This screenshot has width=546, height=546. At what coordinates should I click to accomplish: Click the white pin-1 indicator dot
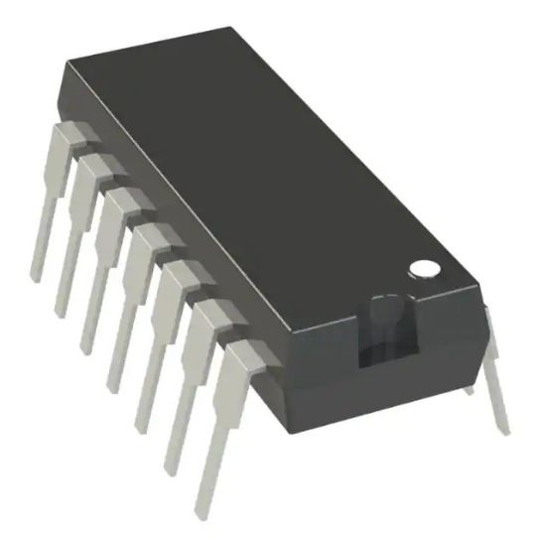(x=425, y=267)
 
